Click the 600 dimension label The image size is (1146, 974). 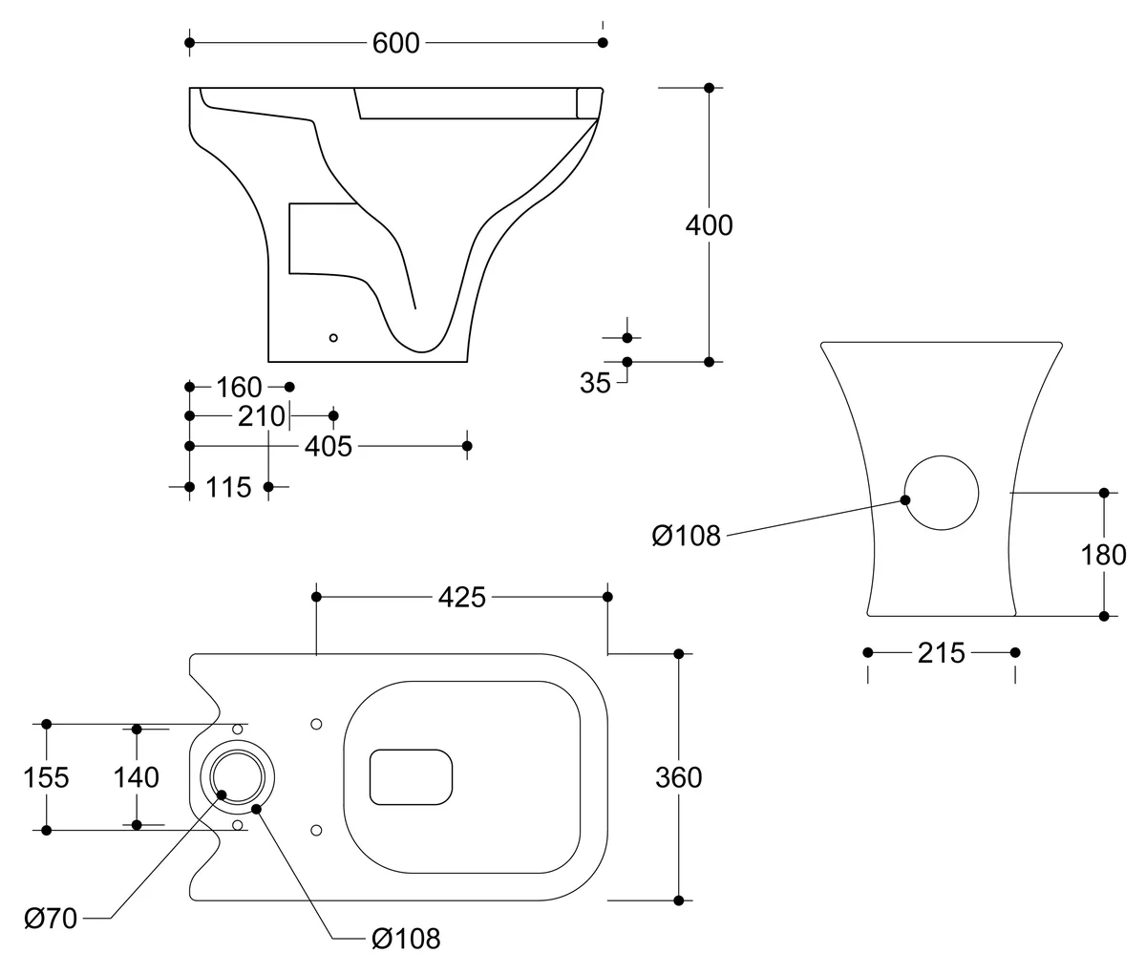pyautogui.click(x=396, y=43)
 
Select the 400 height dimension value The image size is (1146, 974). pyautogui.click(x=709, y=225)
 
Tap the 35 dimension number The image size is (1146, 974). pyautogui.click(x=595, y=383)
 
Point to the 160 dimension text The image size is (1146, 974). pyautogui.click(x=239, y=387)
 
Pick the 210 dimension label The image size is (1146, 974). pyautogui.click(x=263, y=416)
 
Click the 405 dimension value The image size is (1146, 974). pyautogui.click(x=329, y=446)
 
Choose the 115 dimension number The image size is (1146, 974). pyautogui.click(x=229, y=487)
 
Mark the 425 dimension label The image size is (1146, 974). pyautogui.click(x=462, y=597)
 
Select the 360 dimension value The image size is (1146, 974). pyautogui.click(x=678, y=777)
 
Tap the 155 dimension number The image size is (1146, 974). pyautogui.click(x=46, y=777)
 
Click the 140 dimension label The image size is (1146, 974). pyautogui.click(x=137, y=777)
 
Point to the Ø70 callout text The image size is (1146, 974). pyautogui.click(x=51, y=919)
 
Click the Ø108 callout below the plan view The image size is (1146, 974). pyautogui.click(x=406, y=939)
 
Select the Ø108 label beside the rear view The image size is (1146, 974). pyautogui.click(x=686, y=537)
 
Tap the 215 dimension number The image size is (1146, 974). pyautogui.click(x=941, y=653)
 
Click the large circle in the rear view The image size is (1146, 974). pyautogui.click(x=941, y=493)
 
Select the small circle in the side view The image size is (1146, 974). pyautogui.click(x=333, y=337)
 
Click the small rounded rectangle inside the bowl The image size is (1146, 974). pyautogui.click(x=411, y=775)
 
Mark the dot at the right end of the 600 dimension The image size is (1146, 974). pyautogui.click(x=602, y=43)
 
